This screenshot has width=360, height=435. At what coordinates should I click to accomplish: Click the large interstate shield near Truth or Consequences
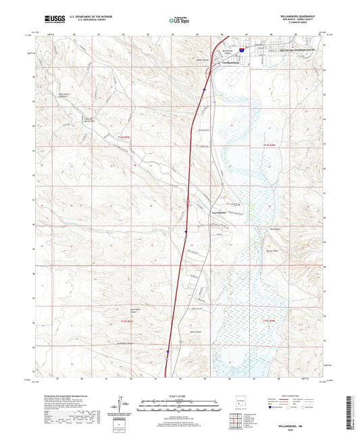241,49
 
